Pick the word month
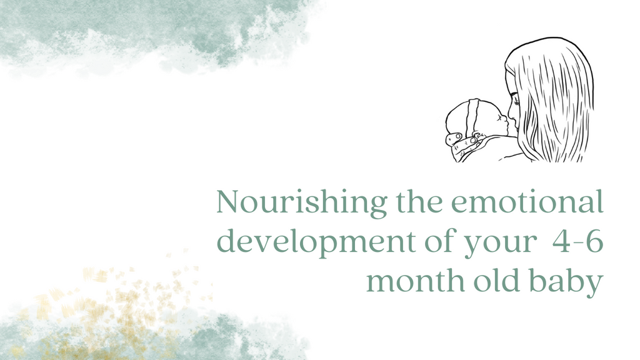click(415, 281)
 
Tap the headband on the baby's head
click(474, 116)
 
